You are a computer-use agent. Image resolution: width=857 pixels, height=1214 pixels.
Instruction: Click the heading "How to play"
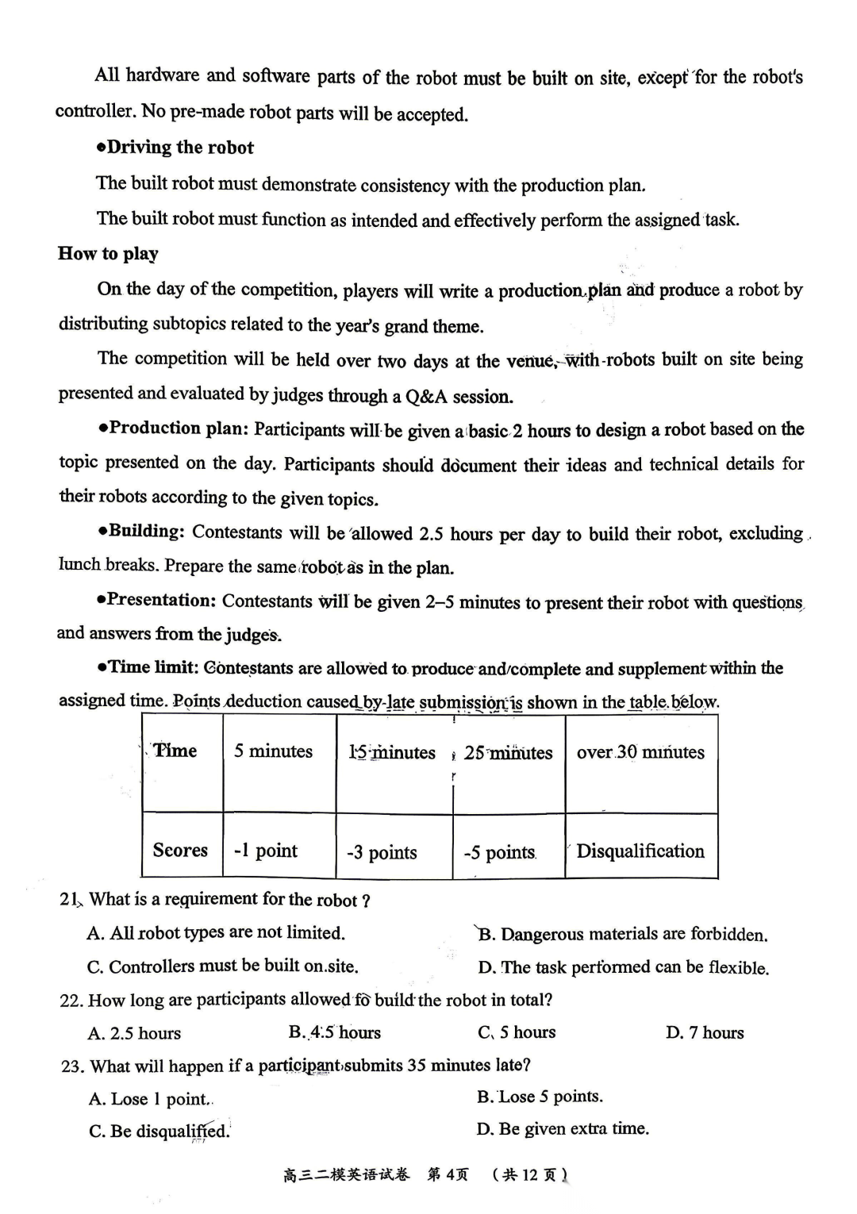108,254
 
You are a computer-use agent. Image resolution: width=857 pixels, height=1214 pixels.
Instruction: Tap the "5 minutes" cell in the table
273,751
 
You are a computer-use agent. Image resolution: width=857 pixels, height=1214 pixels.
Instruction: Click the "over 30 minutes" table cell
640,751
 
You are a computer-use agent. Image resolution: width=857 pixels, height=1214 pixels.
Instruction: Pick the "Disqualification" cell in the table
640,851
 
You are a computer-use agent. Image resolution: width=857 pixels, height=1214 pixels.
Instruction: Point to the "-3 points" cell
382,853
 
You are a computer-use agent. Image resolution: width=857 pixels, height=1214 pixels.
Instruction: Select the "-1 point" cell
265,851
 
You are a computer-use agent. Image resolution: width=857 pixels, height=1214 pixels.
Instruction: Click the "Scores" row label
180,851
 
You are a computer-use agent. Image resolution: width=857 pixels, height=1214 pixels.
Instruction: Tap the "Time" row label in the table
175,751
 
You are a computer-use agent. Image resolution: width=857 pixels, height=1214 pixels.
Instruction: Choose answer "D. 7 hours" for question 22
705,1033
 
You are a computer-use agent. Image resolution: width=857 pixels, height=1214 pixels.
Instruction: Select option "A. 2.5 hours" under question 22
135,1033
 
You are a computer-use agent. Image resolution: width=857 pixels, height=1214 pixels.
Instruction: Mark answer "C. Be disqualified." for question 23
159,1131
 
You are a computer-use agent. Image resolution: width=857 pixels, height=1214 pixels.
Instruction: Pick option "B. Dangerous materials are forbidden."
623,935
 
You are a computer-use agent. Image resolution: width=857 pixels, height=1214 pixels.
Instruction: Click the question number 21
69,900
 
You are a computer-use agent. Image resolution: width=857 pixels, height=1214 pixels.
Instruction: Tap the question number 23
71,1066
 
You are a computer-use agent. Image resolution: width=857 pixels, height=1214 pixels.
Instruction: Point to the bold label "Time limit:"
153,667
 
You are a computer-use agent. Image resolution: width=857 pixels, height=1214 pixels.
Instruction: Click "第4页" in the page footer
448,1174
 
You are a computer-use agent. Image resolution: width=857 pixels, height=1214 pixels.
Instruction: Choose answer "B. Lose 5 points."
540,1097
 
